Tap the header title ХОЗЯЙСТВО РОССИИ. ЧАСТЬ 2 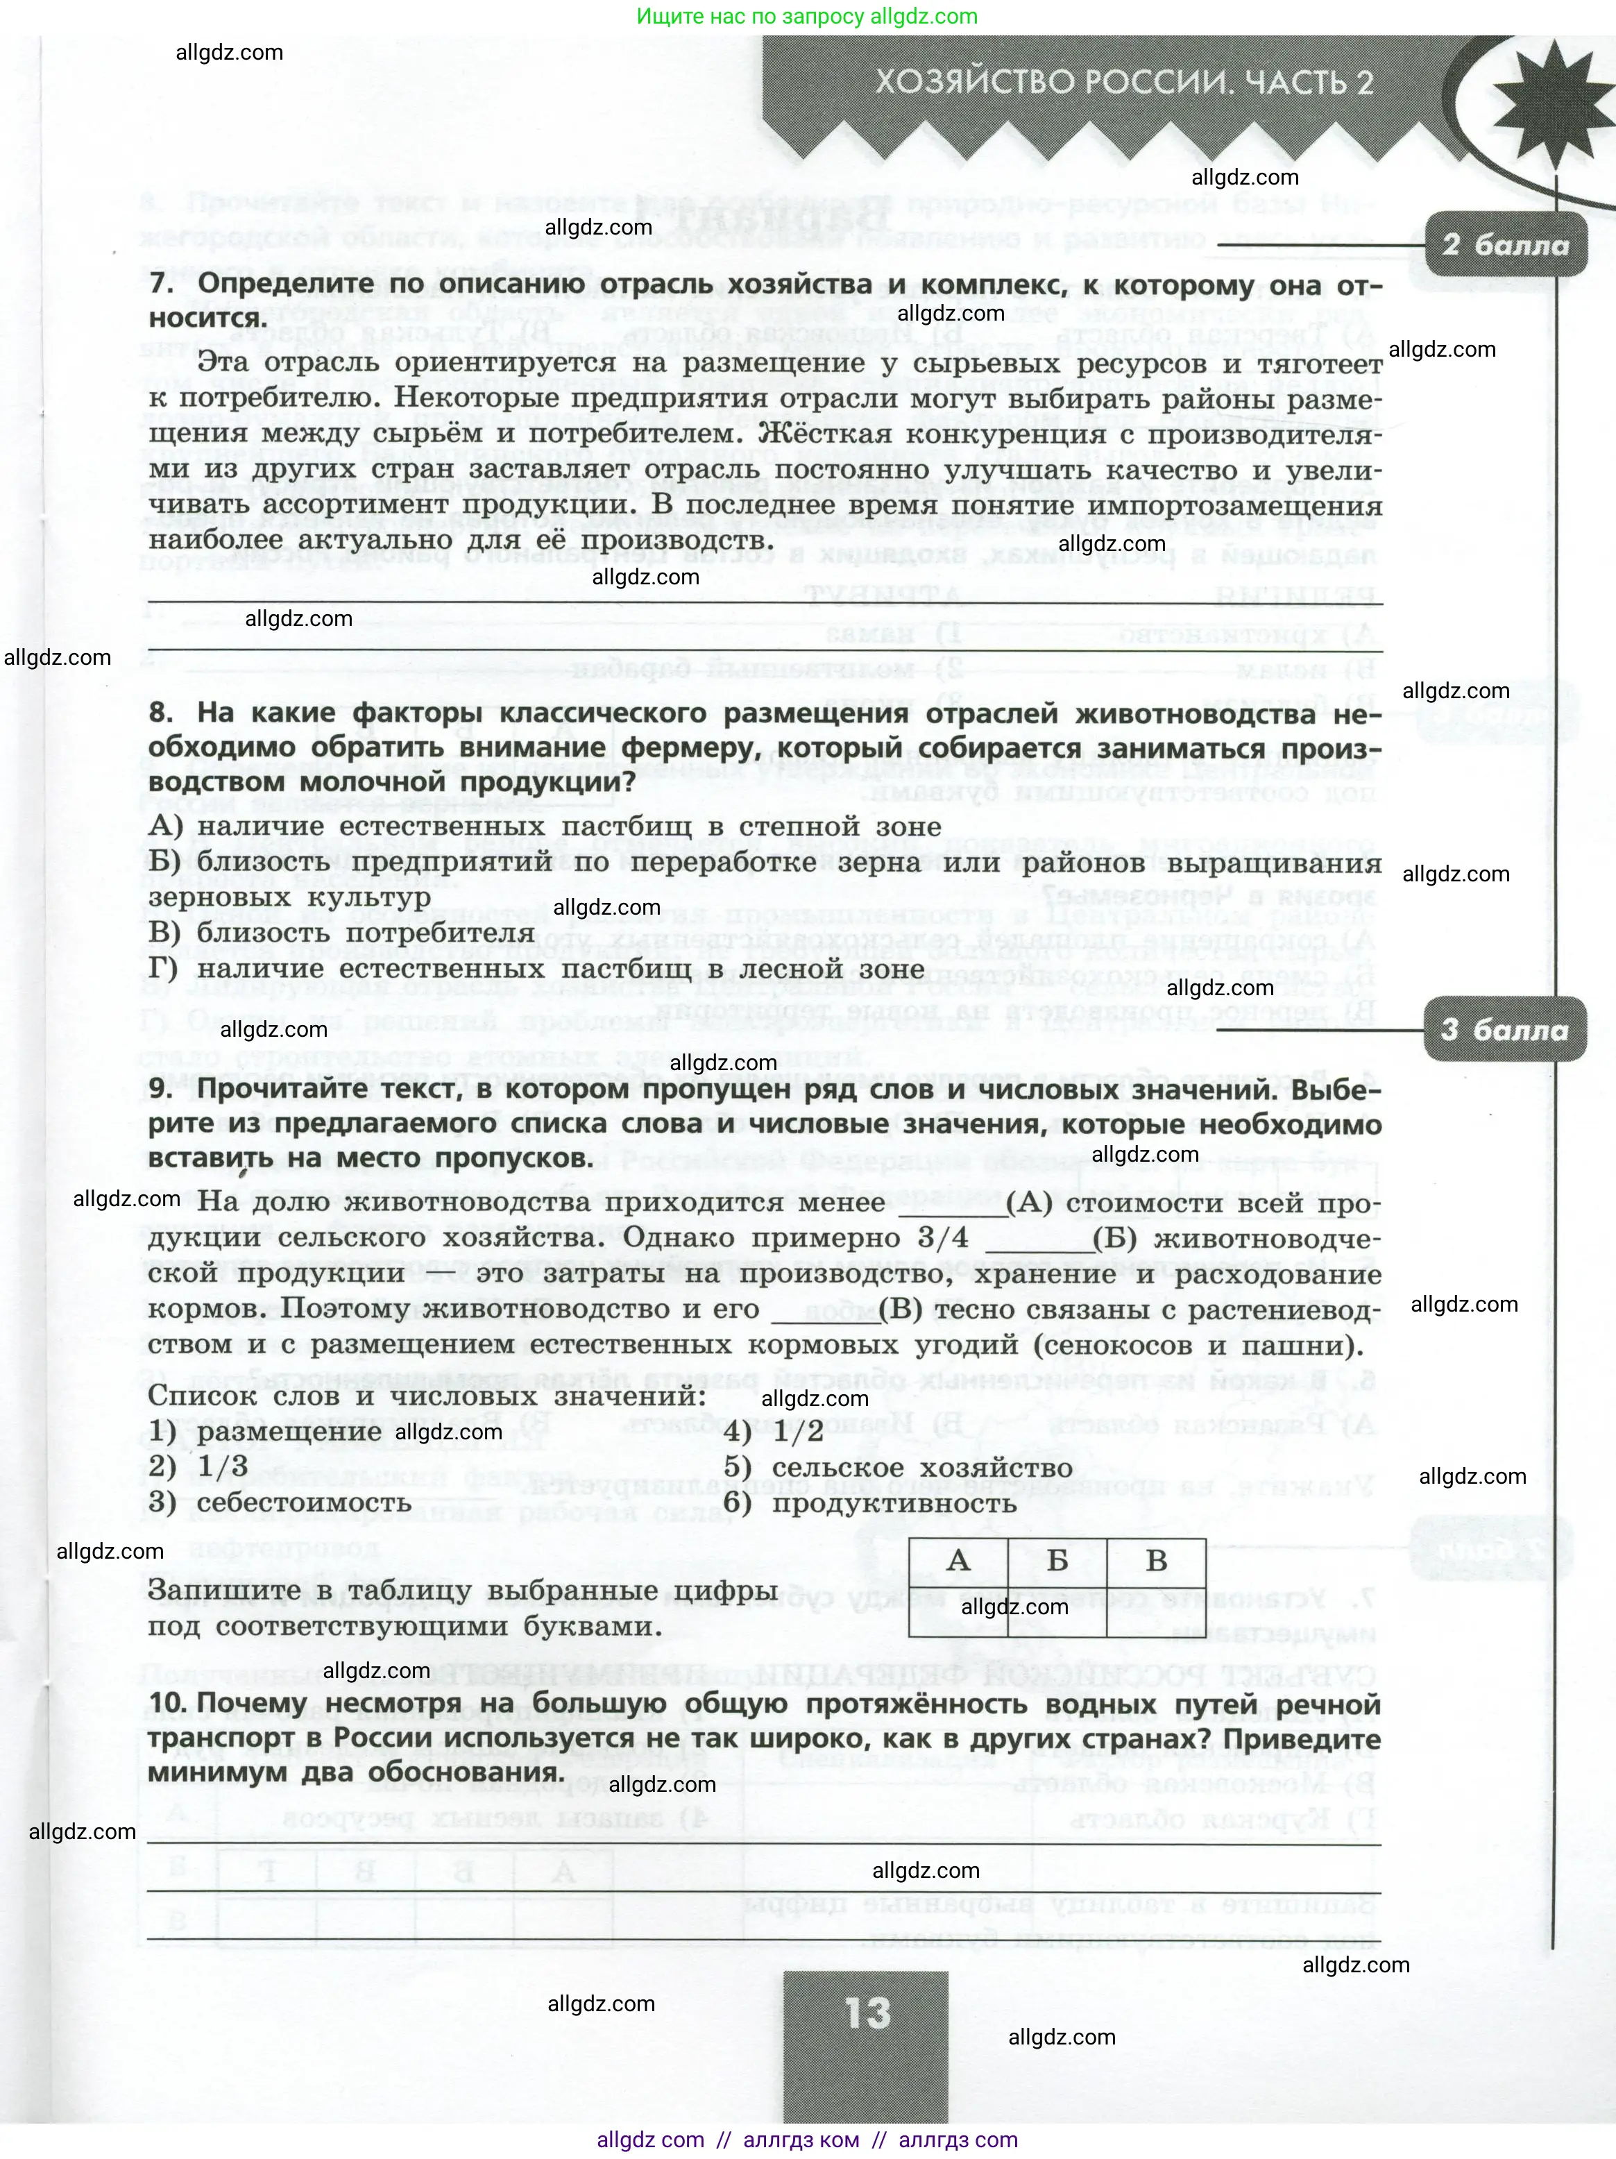(1123, 82)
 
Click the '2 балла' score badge (1505, 245)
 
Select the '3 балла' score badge (1505, 1031)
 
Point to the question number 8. (162, 713)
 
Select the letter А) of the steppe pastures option (165, 827)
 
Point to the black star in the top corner (1551, 98)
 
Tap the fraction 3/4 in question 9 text (944, 1239)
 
